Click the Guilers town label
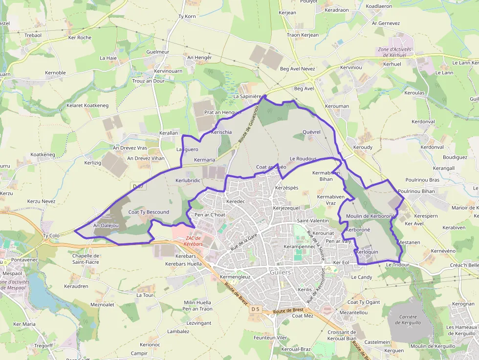[x=280, y=272]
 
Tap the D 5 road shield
[x=256, y=309]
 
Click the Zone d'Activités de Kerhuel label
[x=394, y=52]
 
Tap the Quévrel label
[x=311, y=132]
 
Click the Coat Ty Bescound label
[x=149, y=212]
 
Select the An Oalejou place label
[x=106, y=225]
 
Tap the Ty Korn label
[x=187, y=17]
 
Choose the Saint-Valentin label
[x=313, y=221]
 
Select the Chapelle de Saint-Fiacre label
[x=86, y=259]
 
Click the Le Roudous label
[x=303, y=159]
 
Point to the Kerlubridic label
[x=188, y=180]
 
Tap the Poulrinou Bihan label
[x=416, y=191]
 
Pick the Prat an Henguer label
[x=223, y=112]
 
